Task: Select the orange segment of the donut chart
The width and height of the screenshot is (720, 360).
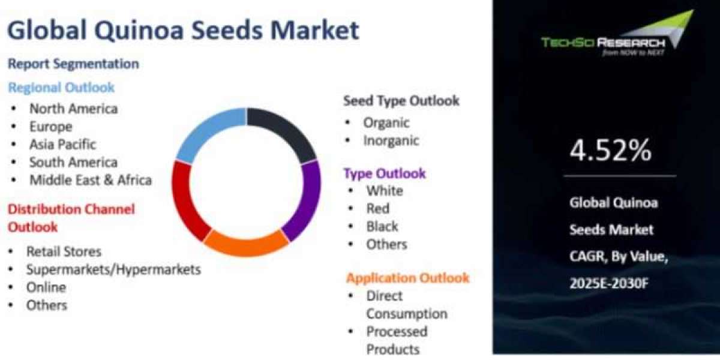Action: (x=246, y=247)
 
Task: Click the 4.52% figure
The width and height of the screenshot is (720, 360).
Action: (x=610, y=151)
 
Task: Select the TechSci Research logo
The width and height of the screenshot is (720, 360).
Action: (x=617, y=34)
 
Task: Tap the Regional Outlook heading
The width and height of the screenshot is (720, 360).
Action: (x=61, y=88)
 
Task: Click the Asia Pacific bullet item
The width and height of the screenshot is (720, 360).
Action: (x=62, y=145)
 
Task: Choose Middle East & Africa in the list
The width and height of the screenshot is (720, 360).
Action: (x=91, y=180)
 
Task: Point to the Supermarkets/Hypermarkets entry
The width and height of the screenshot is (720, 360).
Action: (x=113, y=269)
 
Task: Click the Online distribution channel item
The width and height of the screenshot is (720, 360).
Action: (x=46, y=287)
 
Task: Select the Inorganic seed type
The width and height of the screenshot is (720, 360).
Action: (x=391, y=141)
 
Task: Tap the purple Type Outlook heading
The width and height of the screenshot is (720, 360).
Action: (x=385, y=173)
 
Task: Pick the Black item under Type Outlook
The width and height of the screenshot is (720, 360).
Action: (x=382, y=227)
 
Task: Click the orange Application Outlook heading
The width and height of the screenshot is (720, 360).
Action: (x=408, y=278)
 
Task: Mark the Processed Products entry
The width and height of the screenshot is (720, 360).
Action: (x=397, y=340)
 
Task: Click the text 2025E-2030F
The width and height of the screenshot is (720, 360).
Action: (x=609, y=283)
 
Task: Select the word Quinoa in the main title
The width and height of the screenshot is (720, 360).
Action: (x=139, y=31)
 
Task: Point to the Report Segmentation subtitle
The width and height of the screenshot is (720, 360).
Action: (x=73, y=64)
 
